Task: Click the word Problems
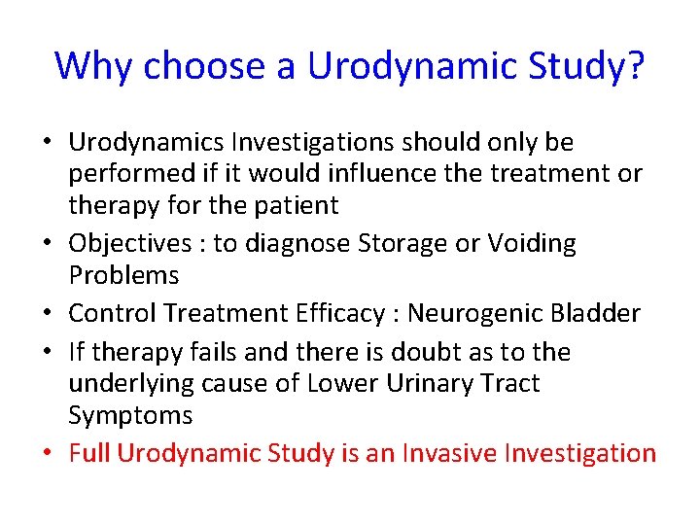123,275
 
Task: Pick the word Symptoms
129,415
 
